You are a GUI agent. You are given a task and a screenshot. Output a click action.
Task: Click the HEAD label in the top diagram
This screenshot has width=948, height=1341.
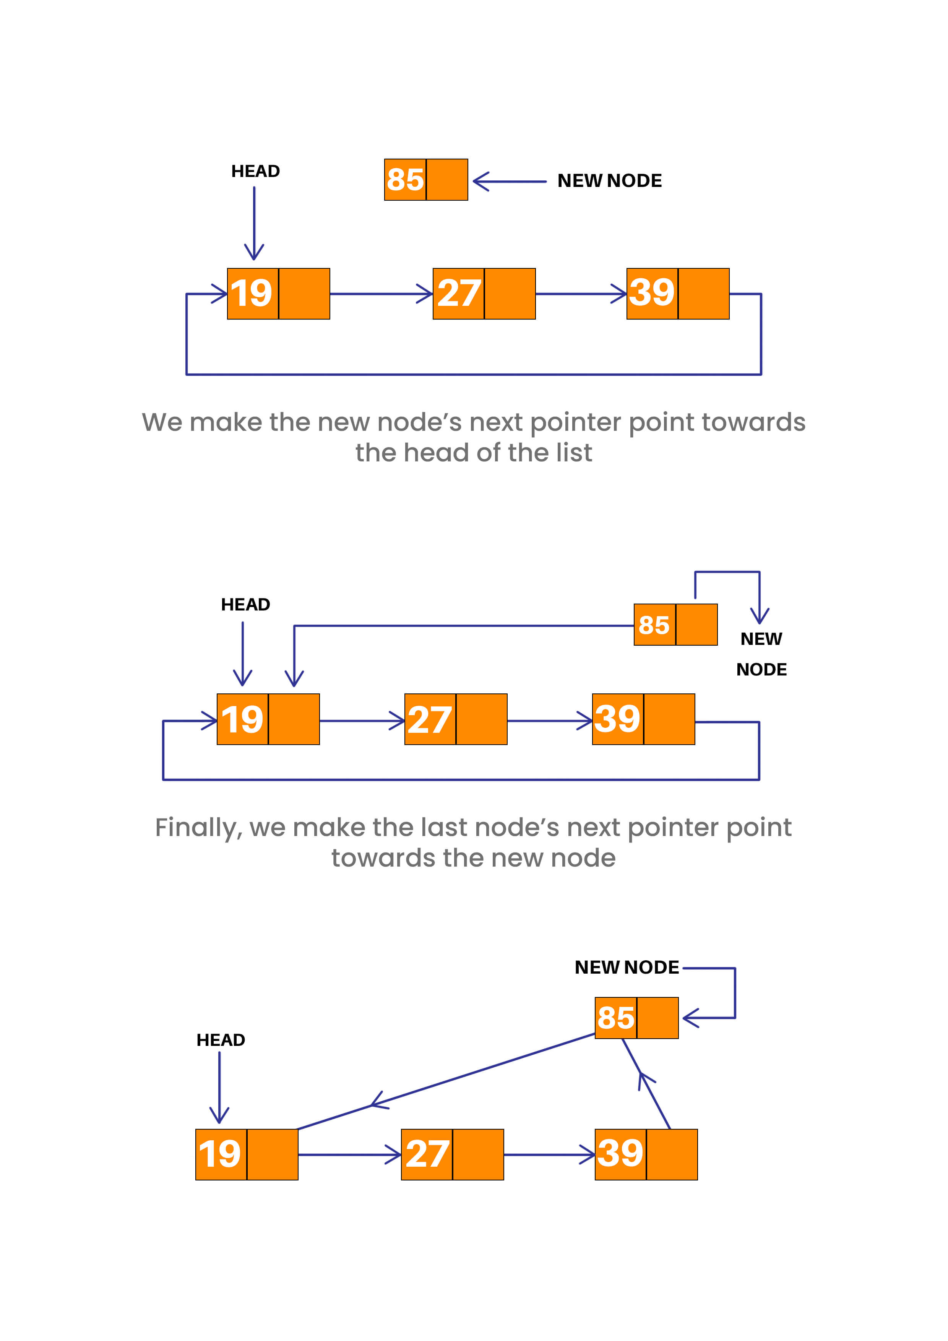click(x=255, y=171)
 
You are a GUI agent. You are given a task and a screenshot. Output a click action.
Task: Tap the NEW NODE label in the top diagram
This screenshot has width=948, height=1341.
click(x=609, y=180)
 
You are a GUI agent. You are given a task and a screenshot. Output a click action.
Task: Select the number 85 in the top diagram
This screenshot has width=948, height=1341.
click(x=405, y=179)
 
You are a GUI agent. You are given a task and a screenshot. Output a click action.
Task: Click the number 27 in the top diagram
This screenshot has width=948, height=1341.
click(x=459, y=293)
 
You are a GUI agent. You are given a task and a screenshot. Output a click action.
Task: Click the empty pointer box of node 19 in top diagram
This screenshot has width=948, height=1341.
click(x=304, y=294)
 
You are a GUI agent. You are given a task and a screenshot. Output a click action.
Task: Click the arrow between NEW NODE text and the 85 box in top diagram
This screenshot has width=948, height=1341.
click(x=508, y=182)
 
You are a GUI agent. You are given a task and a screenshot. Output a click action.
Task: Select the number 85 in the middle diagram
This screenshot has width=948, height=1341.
click(x=654, y=625)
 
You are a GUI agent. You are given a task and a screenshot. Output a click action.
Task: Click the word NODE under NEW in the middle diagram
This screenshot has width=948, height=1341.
click(x=761, y=669)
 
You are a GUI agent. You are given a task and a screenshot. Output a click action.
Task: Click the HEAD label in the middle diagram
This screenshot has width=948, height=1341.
click(x=245, y=604)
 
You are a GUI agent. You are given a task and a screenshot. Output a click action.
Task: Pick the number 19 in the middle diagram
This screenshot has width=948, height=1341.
click(x=242, y=719)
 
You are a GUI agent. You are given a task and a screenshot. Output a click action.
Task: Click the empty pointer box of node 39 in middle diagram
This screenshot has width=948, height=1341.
click(x=669, y=719)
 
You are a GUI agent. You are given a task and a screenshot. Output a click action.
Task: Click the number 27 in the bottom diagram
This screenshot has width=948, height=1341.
click(x=427, y=1155)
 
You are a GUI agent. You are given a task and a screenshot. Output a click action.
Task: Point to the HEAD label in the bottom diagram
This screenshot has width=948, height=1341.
click(x=221, y=1040)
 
